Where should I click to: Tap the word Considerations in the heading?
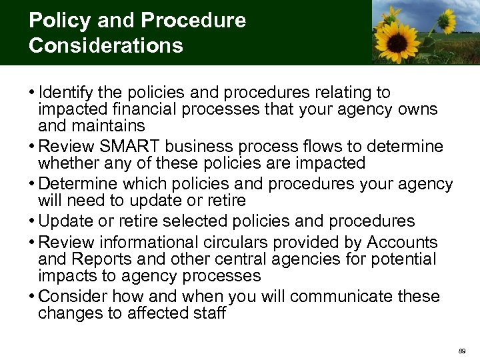tap(105, 45)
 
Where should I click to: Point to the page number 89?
tap(462, 350)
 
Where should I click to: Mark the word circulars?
tap(239, 242)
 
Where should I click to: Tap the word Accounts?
tap(402, 242)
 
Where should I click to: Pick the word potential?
tap(400, 259)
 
